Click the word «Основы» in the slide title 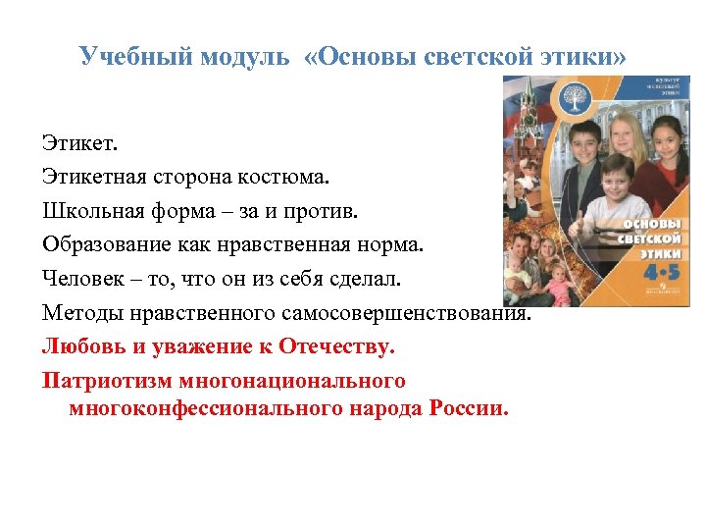point(371,56)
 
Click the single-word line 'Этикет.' point(79,145)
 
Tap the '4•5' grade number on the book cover point(640,267)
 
